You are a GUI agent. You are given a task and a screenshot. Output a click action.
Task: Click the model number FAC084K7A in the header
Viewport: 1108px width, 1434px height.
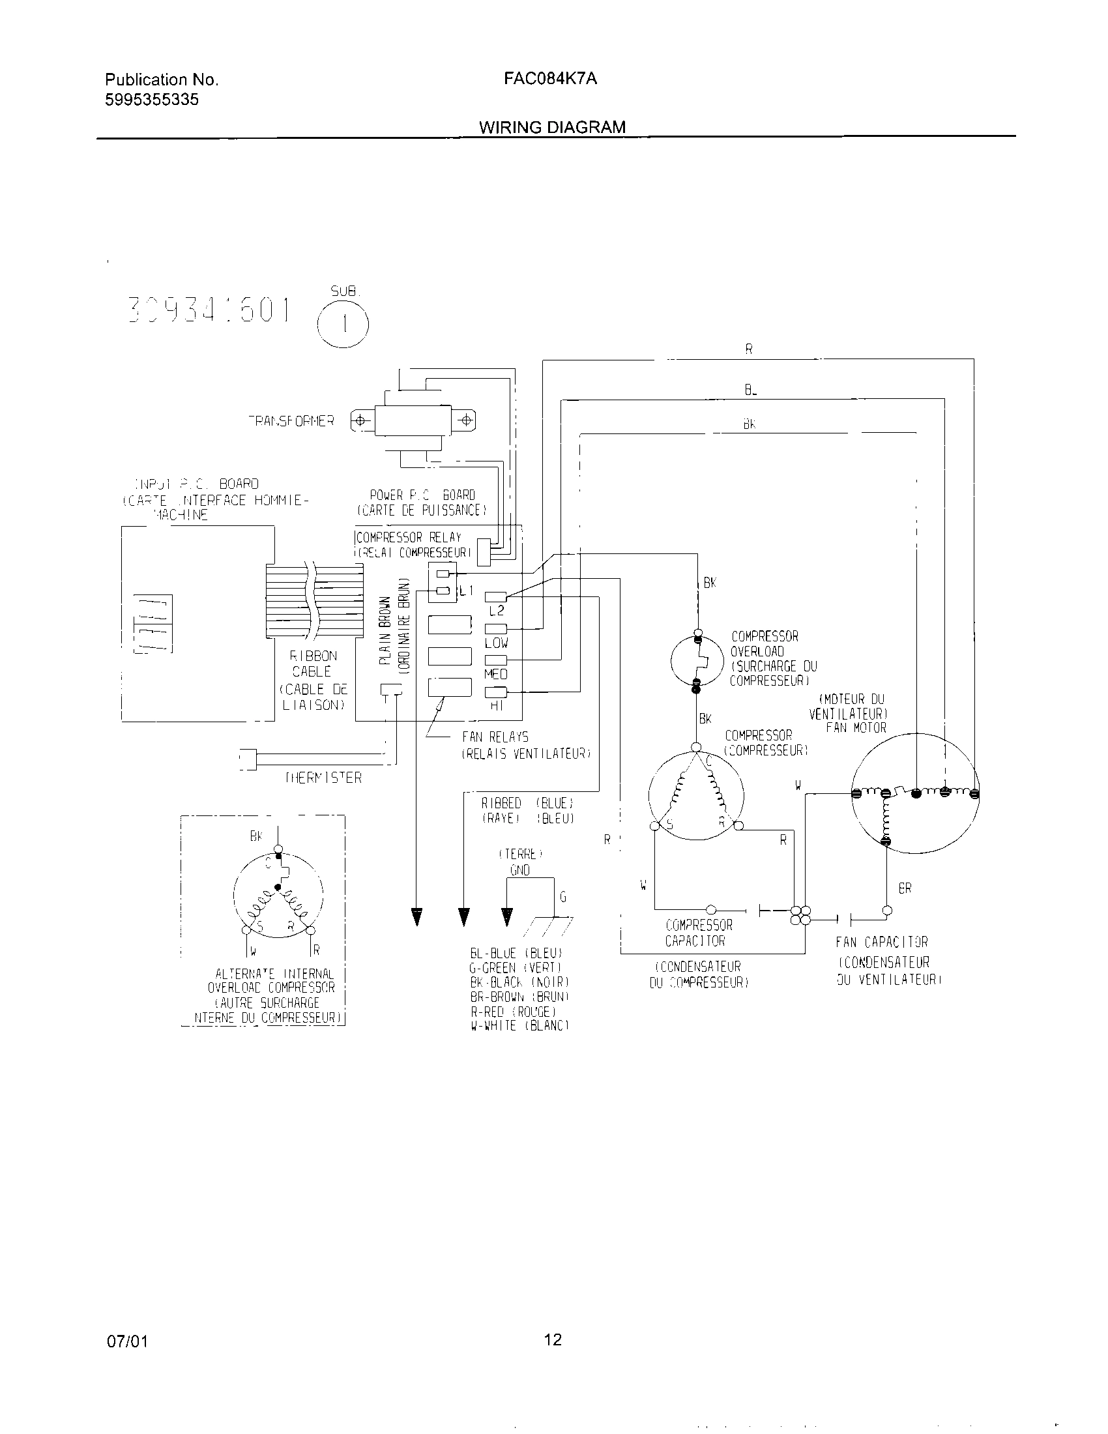[x=550, y=79]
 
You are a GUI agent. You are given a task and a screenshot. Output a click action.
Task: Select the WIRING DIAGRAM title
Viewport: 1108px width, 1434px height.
[x=552, y=127]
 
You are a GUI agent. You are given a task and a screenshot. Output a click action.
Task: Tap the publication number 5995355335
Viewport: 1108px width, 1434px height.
[x=152, y=100]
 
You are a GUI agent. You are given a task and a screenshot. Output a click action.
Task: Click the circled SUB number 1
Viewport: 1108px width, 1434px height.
[x=343, y=325]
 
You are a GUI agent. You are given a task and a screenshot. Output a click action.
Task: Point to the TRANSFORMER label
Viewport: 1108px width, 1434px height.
[x=291, y=421]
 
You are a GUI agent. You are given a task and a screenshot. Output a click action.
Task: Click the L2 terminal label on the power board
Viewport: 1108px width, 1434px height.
[x=496, y=611]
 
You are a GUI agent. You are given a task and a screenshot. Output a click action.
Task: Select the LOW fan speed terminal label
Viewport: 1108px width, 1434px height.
[x=496, y=643]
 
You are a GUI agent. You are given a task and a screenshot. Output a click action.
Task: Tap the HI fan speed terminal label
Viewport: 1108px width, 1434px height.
[x=496, y=707]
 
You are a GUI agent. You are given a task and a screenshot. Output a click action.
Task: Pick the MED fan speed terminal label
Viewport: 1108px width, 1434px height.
[x=496, y=675]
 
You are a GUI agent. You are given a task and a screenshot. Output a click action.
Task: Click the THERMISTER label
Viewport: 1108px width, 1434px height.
[x=324, y=778]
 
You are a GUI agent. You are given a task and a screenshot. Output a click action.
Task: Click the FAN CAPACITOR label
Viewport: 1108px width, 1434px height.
[x=882, y=943]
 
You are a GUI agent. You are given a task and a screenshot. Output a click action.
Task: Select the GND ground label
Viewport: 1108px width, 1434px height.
[x=520, y=870]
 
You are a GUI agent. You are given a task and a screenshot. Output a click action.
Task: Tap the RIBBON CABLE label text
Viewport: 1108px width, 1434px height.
[x=312, y=664]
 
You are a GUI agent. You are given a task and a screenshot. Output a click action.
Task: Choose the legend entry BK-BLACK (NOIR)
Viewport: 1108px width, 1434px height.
[x=519, y=982]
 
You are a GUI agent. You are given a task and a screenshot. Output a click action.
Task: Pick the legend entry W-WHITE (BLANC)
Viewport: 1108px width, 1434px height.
[x=519, y=1026]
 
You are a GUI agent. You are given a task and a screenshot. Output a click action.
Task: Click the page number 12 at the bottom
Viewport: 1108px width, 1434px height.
[x=553, y=1339]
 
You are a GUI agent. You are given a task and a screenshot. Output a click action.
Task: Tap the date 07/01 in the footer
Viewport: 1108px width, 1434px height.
[x=127, y=1341]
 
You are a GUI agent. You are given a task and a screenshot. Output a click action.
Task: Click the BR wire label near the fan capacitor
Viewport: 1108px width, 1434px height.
[x=905, y=888]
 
